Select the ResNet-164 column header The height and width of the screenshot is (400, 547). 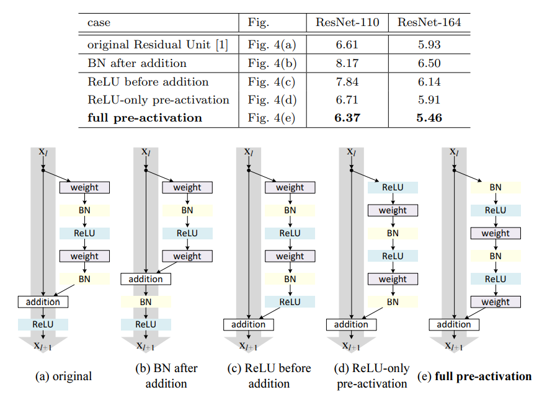[x=429, y=23]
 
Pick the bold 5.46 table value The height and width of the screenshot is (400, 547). [x=429, y=118]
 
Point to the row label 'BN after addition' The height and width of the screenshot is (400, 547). [x=136, y=63]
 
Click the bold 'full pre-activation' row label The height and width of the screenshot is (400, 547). [x=145, y=118]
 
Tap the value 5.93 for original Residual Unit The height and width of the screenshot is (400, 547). [x=429, y=45]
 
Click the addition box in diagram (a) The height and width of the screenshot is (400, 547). [x=43, y=302]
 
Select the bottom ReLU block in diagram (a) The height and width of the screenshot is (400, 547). [x=43, y=324]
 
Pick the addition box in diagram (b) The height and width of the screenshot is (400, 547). [x=146, y=279]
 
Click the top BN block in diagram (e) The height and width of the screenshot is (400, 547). [x=496, y=187]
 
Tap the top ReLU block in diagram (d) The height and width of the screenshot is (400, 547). [x=393, y=187]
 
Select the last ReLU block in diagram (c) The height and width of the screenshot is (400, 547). [x=290, y=302]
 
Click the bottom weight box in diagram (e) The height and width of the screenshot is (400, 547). [x=496, y=302]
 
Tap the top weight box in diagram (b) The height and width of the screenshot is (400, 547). [x=187, y=187]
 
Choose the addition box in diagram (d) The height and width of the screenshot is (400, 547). [x=351, y=324]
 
